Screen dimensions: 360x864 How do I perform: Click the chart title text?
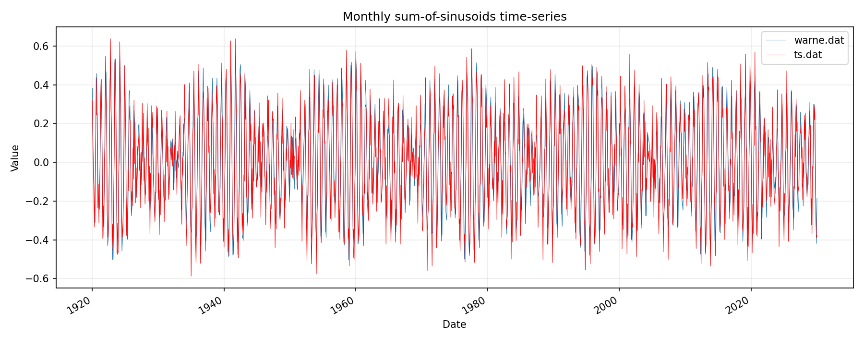tap(455, 17)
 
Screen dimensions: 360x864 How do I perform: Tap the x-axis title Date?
tap(454, 324)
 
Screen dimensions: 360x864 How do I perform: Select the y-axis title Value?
tap(15, 158)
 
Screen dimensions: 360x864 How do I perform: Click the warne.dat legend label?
tap(819, 40)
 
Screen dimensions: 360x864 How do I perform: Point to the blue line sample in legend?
tap(776, 40)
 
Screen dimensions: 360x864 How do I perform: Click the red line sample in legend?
tap(776, 55)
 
